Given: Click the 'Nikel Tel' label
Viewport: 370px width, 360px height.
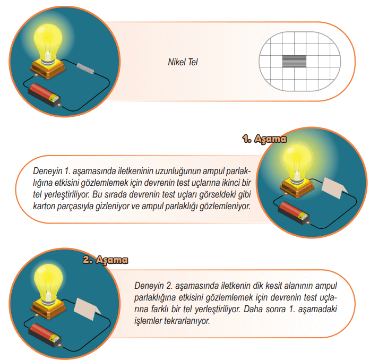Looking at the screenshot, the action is tap(183, 62).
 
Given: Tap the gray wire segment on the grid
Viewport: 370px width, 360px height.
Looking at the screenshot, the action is tap(294, 62).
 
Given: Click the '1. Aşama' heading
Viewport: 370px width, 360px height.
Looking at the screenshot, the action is tap(264, 139).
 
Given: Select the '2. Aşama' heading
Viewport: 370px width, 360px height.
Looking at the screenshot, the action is tap(105, 260).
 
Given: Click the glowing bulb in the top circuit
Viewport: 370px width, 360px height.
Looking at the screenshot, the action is tap(48, 45).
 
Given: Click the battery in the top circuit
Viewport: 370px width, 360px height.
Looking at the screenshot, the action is tap(45, 95).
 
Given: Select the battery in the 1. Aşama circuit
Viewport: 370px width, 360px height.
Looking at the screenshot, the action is tap(294, 213).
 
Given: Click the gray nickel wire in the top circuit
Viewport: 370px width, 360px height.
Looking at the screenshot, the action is tap(85, 68).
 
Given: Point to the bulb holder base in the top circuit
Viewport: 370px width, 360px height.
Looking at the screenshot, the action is tap(48, 68).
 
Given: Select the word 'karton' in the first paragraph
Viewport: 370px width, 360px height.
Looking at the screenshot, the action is tap(43, 206).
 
